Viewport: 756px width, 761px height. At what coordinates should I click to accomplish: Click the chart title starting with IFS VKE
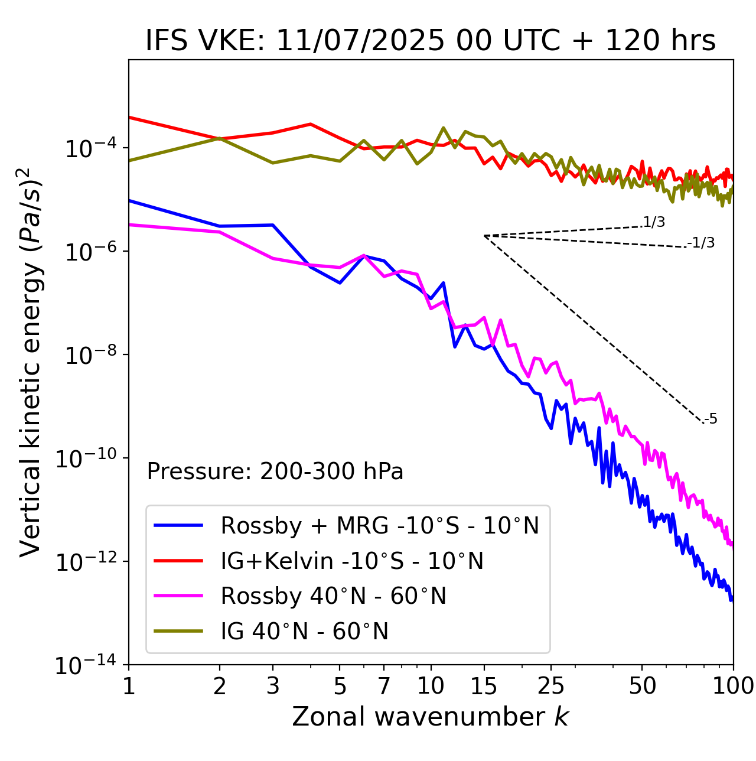431,41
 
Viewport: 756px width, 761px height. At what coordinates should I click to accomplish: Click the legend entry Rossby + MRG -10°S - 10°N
380,525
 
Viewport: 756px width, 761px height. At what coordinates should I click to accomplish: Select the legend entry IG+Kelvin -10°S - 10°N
352,561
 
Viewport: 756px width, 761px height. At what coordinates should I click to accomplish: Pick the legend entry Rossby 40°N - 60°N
333,596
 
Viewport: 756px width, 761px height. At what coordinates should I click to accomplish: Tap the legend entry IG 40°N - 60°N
304,632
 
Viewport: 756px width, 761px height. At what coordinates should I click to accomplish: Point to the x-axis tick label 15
484,686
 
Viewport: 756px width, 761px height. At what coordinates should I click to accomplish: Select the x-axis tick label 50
642,686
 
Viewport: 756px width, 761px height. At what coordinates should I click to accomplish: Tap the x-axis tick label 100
733,686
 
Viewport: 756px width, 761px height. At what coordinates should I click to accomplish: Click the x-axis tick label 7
384,686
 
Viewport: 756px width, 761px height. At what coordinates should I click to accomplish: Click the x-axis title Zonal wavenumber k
431,717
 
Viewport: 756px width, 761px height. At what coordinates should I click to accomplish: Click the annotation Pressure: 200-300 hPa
275,471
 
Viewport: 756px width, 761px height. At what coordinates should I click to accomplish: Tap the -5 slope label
711,419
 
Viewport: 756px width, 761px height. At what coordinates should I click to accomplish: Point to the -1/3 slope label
702,242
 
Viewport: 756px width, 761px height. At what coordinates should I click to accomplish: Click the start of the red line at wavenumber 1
130,117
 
